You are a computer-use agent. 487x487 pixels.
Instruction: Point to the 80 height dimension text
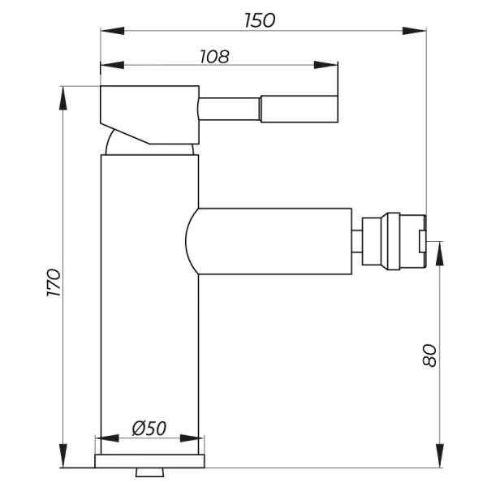429,355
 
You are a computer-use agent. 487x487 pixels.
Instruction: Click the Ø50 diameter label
149,428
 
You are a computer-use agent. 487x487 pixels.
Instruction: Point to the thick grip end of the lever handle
298,108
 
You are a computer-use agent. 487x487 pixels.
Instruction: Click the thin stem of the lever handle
229,108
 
